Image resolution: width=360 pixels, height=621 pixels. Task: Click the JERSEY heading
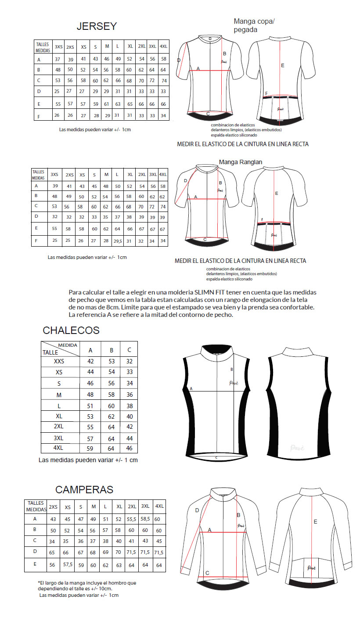(x=97, y=26)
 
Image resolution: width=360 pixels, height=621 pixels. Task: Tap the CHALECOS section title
(x=71, y=330)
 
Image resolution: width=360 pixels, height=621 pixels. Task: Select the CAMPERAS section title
(x=84, y=489)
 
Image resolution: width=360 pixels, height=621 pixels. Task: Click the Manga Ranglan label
(x=241, y=162)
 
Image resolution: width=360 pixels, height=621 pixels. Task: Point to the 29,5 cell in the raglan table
(x=118, y=241)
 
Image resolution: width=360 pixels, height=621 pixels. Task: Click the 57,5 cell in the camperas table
(x=68, y=564)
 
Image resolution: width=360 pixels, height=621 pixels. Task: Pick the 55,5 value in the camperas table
(x=132, y=519)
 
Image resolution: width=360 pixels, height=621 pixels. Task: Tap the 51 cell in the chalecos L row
(x=90, y=406)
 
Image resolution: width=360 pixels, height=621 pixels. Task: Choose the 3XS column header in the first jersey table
(x=58, y=47)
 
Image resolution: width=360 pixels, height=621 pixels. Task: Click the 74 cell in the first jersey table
(x=164, y=81)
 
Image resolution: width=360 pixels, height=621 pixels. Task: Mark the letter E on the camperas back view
(x=315, y=522)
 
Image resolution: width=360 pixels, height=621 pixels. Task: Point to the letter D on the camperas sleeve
(x=197, y=510)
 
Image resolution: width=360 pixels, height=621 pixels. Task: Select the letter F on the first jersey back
(x=266, y=93)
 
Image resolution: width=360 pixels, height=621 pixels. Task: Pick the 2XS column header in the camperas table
(x=53, y=506)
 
